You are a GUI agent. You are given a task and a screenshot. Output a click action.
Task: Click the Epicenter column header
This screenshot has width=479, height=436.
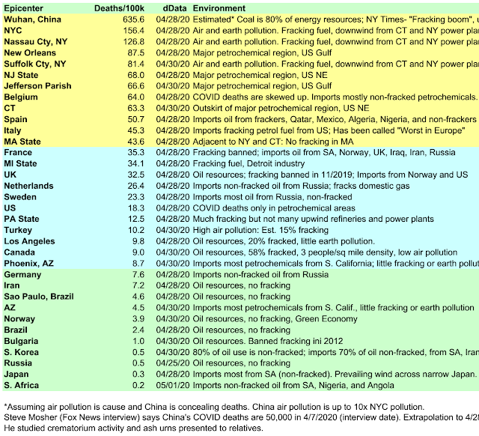point(23,6)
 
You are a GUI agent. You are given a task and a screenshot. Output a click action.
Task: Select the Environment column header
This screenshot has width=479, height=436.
point(220,6)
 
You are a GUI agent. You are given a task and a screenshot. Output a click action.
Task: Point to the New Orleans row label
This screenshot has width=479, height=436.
point(30,53)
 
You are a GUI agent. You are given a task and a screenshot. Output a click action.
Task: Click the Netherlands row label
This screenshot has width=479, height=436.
point(28,186)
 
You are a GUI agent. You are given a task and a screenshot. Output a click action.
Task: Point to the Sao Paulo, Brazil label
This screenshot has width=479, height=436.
point(39,297)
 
